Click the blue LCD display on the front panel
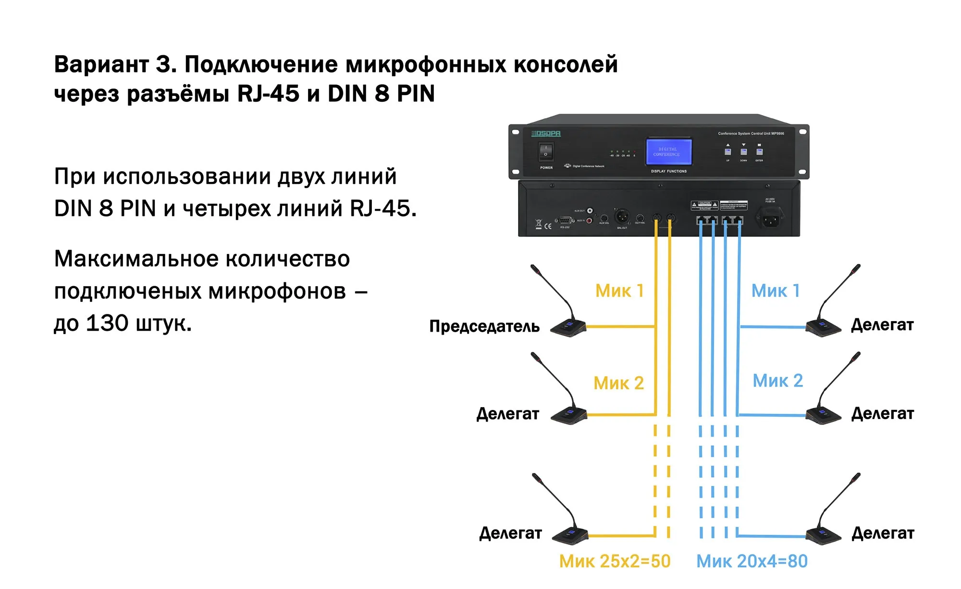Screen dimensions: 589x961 coord(668,152)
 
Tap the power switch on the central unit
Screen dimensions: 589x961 coord(546,152)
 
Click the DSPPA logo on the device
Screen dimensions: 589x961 coord(546,133)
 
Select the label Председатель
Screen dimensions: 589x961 coord(484,326)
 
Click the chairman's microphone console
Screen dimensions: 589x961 coord(568,327)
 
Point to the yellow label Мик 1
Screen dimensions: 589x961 coord(619,291)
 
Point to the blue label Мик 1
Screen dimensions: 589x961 coord(775,291)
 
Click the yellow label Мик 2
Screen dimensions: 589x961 coord(618,383)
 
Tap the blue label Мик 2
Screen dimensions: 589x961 coord(777,381)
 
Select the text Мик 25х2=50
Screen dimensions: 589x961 coord(615,561)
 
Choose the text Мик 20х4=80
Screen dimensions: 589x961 coord(752,561)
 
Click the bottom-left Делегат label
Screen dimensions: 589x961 coord(510,533)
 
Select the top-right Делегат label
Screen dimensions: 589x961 coord(882,325)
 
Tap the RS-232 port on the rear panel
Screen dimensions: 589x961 coord(565,220)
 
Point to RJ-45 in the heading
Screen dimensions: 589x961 coord(268,94)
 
